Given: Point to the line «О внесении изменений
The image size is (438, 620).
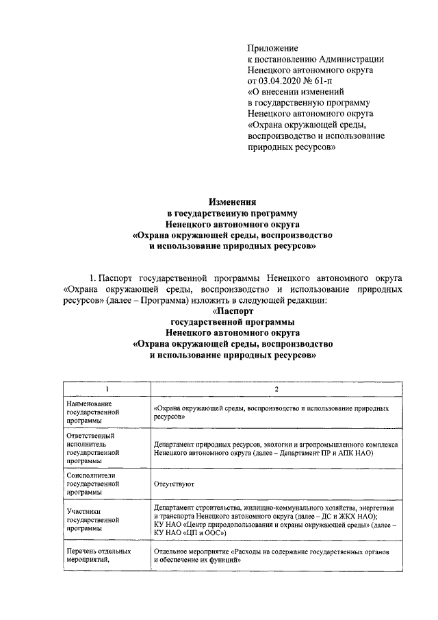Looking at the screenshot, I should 295,92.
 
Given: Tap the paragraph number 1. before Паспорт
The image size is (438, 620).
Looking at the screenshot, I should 93,279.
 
